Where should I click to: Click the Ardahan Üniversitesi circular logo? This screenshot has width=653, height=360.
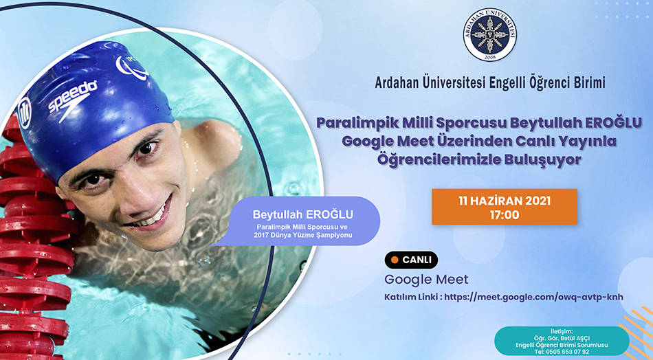pos(489,34)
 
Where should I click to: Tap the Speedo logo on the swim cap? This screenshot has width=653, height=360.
pos(72,100)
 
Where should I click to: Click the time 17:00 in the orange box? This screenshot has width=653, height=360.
pos(505,215)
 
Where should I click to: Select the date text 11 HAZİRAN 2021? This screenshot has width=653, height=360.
pos(505,201)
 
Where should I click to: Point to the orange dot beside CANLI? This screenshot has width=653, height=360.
pos(394,260)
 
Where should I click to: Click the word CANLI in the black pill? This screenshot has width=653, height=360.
pos(417,260)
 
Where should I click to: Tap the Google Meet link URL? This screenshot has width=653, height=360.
pos(534,297)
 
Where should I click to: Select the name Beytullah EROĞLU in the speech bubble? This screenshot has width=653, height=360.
pos(302,214)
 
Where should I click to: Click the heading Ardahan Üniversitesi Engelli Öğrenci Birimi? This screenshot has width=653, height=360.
pos(490,82)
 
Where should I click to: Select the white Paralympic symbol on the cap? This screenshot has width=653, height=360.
pos(131,67)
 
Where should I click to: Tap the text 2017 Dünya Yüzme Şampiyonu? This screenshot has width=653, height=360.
pos(302,235)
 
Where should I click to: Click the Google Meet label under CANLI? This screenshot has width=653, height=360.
pos(426,279)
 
